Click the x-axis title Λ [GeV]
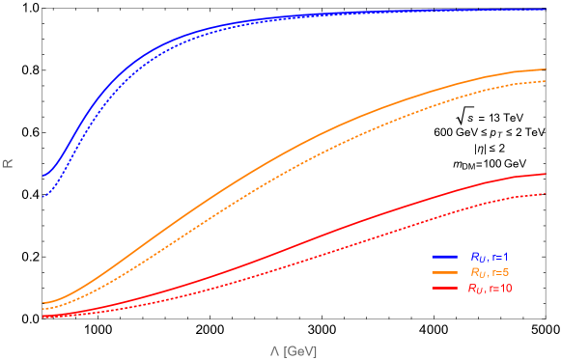click(294, 350)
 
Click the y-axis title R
click(8, 163)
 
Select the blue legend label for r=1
click(490, 257)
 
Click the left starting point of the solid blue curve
click(43, 176)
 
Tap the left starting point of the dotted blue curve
click(43, 197)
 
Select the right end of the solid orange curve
click(547, 69)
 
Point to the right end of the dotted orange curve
click(547, 82)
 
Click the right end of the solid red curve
click(547, 175)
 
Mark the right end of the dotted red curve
click(547, 194)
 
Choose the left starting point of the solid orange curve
click(43, 303)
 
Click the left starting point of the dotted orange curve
click(43, 309)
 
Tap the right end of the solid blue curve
click(547, 10)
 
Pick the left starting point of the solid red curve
click(43, 314)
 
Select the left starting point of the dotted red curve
click(43, 316)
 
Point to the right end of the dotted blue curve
click(547, 11)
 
